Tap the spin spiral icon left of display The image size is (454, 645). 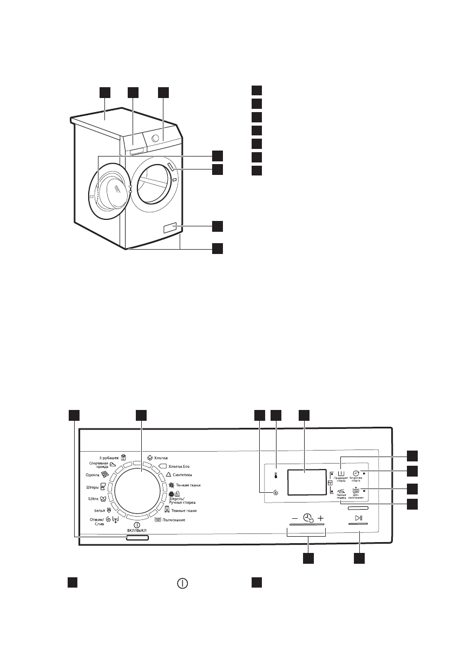coord(275,493)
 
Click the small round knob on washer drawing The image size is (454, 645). coord(155,139)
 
